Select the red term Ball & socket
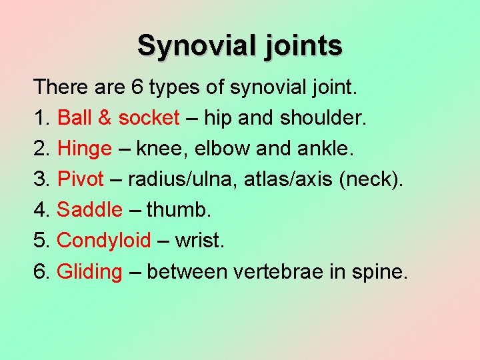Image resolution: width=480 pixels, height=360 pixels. pos(119,118)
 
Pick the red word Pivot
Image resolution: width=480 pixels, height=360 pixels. pos(81,179)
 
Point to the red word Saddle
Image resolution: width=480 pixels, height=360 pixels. pos(90,210)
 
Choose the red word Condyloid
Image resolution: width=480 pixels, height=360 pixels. pos(105,241)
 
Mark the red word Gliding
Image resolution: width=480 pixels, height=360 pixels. pos(90,272)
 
